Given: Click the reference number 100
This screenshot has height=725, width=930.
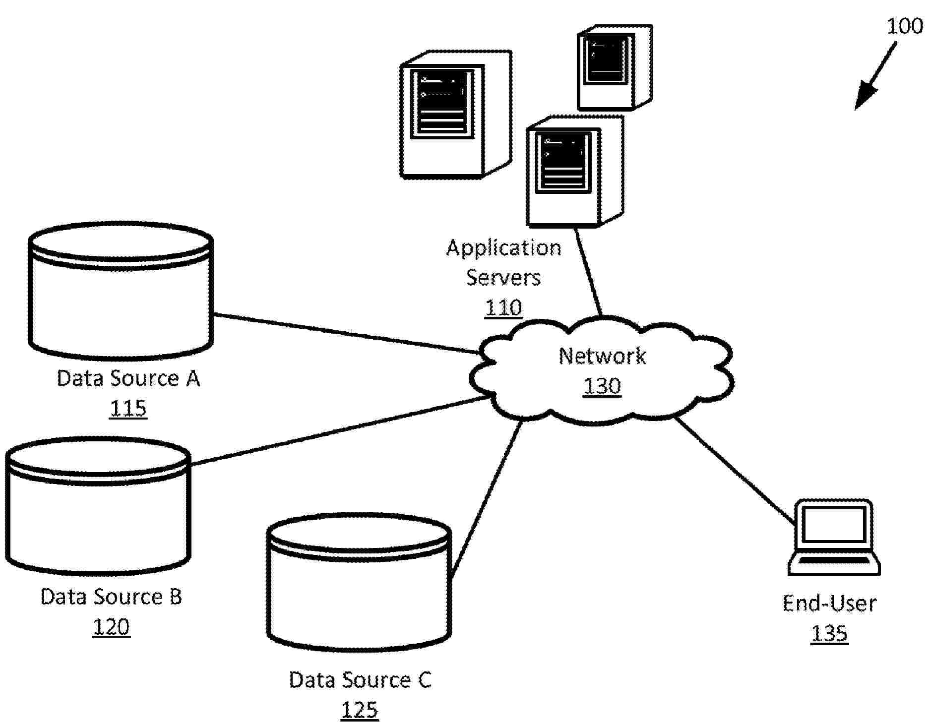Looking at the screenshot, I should tap(904, 26).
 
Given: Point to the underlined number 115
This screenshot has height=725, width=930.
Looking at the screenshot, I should tap(128, 409).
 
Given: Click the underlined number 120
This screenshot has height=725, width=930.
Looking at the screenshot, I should tap(111, 627).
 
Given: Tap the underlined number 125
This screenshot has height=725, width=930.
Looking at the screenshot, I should tap(360, 710).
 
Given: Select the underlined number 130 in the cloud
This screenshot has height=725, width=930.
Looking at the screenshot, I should tap(602, 386).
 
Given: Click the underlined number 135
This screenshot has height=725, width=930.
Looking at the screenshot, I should tap(829, 633).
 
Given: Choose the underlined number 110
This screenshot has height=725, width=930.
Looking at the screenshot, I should tap(503, 307).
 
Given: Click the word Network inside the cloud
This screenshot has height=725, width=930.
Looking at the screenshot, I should tap(602, 356).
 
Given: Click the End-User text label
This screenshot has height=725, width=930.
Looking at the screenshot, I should tap(829, 604).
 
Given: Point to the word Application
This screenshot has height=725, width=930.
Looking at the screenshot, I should tap(503, 247).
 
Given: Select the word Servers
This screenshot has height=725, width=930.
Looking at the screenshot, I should tap(503, 277).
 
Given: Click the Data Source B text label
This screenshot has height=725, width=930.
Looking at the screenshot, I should tap(111, 597).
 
